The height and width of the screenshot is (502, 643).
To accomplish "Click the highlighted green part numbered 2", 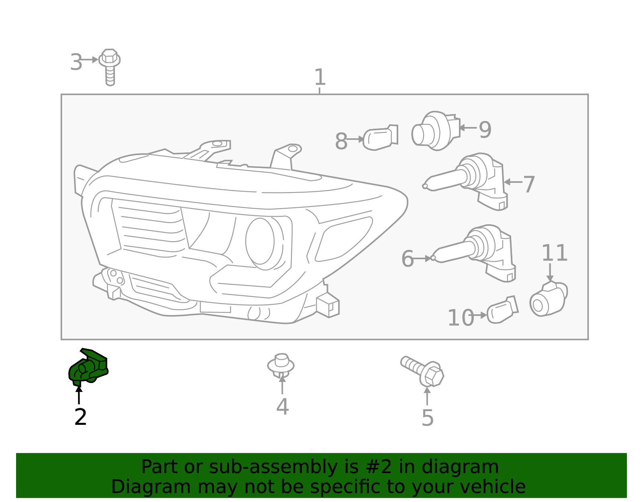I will tap(88, 367).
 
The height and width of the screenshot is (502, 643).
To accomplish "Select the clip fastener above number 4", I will tap(281, 365).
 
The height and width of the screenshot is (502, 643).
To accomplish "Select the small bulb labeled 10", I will tap(502, 310).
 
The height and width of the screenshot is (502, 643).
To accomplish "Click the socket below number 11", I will tap(548, 299).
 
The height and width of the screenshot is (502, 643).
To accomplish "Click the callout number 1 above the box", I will tap(319, 77).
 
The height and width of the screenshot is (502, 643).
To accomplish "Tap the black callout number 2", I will tap(80, 417).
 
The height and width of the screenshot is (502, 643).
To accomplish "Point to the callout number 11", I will tap(555, 253).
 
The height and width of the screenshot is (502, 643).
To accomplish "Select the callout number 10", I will tap(461, 318).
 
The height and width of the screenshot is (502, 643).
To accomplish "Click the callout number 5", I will tap(428, 418).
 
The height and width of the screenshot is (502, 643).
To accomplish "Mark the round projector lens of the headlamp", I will tap(260, 241).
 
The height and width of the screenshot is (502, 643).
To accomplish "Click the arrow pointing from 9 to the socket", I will tap(467, 128).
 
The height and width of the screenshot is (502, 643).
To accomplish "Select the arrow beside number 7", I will tap(513, 182).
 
